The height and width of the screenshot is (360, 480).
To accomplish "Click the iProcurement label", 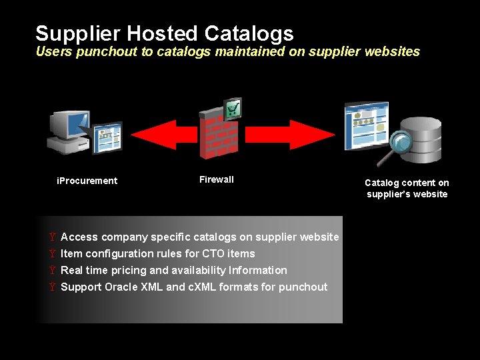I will [87, 181].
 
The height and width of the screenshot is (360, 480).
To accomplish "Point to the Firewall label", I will [217, 179].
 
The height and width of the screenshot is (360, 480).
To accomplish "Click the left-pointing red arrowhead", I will [163, 135].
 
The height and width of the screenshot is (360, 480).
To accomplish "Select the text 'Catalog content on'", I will [407, 183].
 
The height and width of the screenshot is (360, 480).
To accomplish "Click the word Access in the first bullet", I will [79, 237].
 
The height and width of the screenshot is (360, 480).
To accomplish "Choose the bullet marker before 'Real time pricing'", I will [53, 270].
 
